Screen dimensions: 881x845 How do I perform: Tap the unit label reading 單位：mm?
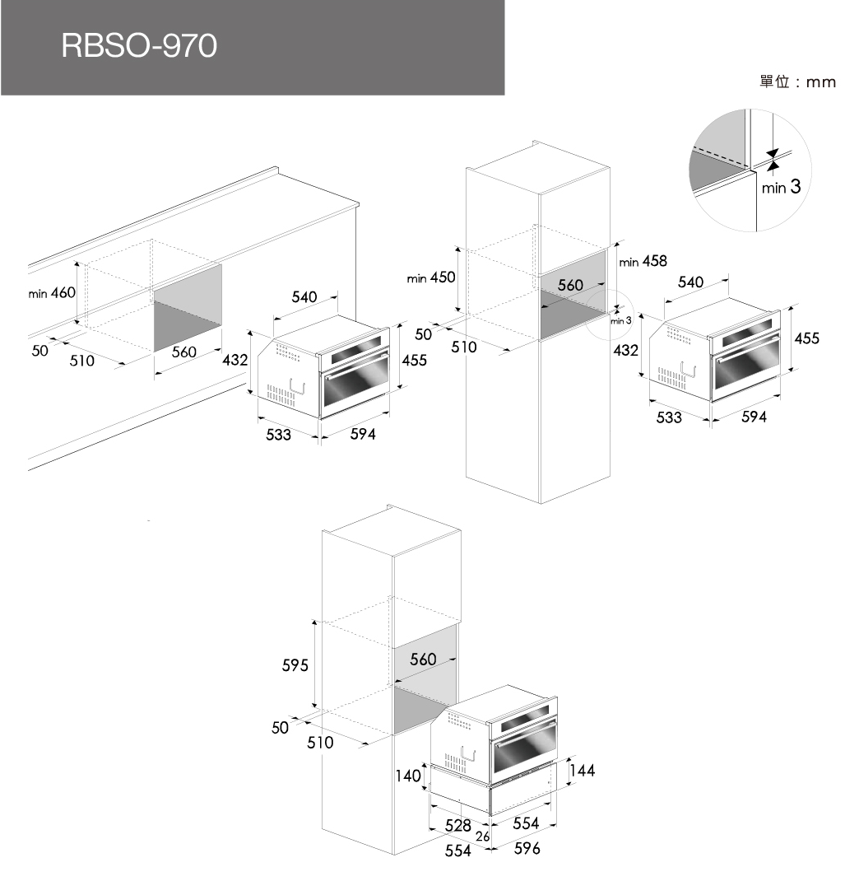tap(796, 82)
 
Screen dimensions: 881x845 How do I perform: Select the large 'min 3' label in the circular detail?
tap(781, 188)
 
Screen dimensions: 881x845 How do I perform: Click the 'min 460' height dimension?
tap(52, 293)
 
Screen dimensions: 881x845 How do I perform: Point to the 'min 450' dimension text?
tap(431, 278)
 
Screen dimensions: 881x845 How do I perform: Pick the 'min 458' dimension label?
tap(643, 262)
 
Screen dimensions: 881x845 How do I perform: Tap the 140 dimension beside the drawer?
tap(407, 776)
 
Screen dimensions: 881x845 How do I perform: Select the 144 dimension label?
tap(582, 771)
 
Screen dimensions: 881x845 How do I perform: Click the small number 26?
tap(483, 837)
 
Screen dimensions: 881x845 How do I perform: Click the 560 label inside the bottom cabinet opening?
tap(423, 660)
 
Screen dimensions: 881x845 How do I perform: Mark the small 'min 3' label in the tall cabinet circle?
tap(620, 319)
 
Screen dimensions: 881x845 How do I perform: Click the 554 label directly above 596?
tap(526, 823)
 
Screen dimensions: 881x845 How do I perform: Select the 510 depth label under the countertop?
tap(82, 361)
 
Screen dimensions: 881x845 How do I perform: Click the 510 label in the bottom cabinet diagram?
tap(320, 743)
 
